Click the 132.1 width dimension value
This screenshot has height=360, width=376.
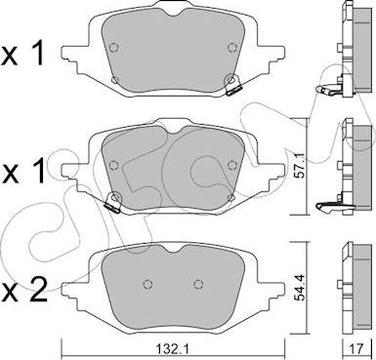point(174,350)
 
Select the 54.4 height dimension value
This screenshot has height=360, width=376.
point(299,289)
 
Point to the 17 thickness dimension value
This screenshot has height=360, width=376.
point(356,349)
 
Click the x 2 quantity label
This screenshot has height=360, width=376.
point(24,289)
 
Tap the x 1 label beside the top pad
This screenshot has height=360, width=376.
point(22,55)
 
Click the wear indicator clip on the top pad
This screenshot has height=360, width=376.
point(232,85)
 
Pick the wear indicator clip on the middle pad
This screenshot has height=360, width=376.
point(112,202)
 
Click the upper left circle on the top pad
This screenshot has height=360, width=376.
point(113,48)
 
